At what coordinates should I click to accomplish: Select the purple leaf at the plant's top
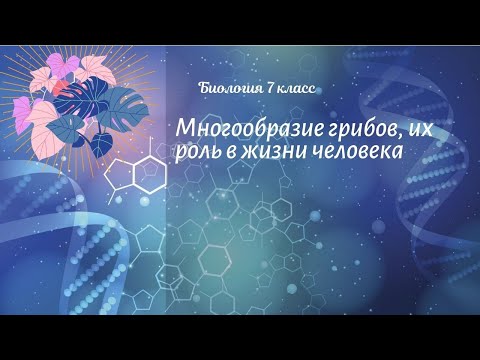(75, 65)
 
